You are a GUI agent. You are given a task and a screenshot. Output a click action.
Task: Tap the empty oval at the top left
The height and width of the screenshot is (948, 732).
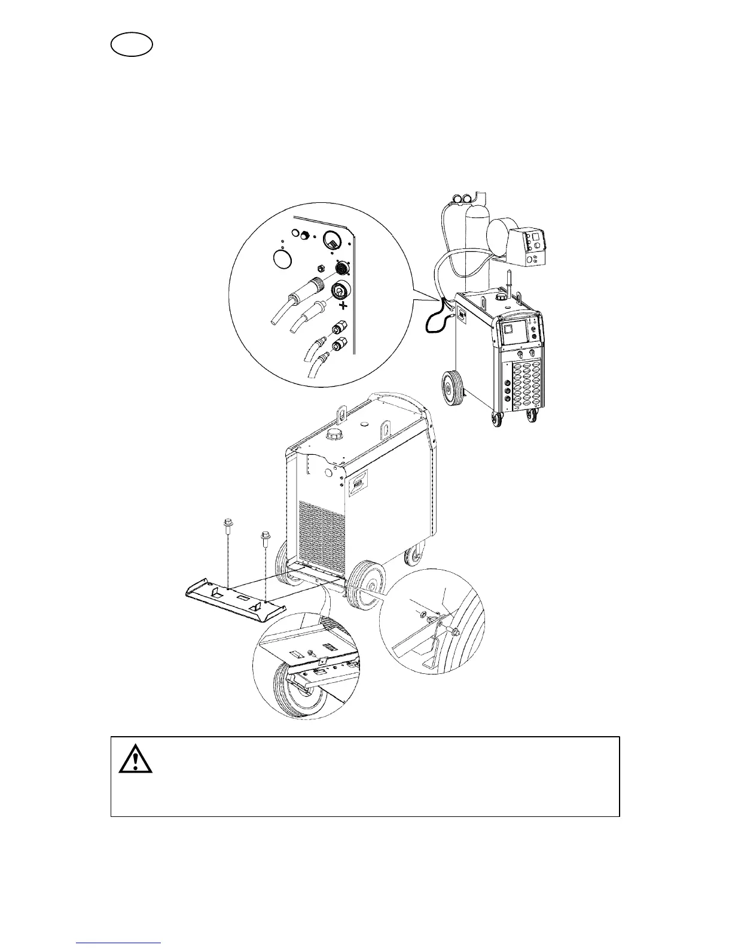[132, 45]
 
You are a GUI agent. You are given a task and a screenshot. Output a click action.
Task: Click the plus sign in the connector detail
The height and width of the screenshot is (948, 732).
[343, 305]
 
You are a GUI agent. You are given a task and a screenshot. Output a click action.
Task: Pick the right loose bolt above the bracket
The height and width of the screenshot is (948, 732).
[264, 537]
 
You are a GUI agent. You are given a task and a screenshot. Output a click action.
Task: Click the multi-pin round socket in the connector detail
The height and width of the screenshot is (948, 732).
[342, 267]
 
